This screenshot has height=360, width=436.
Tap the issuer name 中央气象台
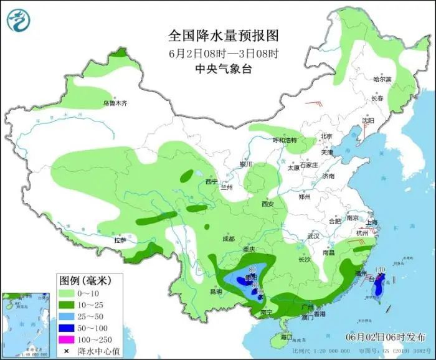223,69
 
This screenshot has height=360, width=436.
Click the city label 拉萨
120,240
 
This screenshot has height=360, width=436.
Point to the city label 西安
268,204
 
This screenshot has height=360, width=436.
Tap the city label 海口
286,337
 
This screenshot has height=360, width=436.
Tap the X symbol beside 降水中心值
65,352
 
